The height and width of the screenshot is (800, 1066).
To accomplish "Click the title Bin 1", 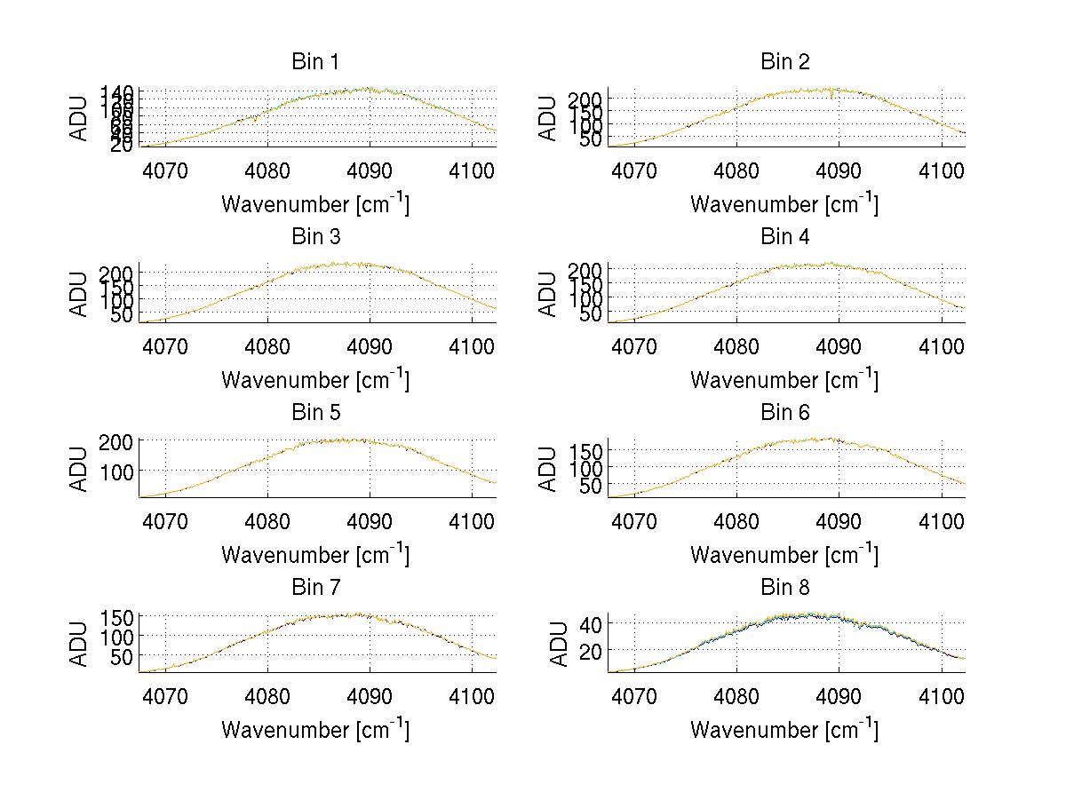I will click(x=315, y=62).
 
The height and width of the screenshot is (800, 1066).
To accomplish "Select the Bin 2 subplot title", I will click(x=784, y=62).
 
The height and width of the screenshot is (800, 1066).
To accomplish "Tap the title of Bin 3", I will click(x=315, y=237).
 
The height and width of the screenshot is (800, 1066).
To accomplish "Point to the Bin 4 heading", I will click(x=784, y=237).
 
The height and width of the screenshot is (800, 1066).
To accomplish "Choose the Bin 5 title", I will click(x=315, y=413).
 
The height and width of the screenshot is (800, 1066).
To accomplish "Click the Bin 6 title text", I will click(x=784, y=413).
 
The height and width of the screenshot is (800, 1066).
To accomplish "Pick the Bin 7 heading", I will click(x=315, y=588).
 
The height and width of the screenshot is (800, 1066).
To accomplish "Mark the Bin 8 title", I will click(x=784, y=588).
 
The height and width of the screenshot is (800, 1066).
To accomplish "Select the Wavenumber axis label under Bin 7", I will click(x=315, y=728).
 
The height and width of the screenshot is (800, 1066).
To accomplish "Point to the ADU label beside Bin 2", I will click(x=549, y=117).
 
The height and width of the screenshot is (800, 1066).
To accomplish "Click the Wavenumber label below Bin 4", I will click(x=784, y=378).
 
